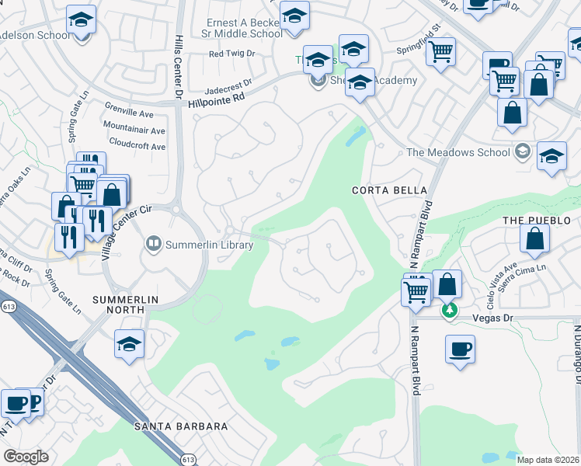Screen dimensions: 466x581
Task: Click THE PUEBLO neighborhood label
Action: coord(531,221)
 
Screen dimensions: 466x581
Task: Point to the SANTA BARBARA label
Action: coord(181,426)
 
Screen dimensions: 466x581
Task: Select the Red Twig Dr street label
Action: coord(231,54)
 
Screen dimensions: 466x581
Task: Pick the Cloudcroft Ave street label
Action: coord(137,146)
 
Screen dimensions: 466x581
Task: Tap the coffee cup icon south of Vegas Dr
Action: coord(460,348)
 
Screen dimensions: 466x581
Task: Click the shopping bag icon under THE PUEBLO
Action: coord(535,239)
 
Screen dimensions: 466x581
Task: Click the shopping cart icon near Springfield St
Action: coord(441,52)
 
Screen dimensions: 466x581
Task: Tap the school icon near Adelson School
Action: coord(81,21)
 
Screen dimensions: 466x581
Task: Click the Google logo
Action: coord(26,457)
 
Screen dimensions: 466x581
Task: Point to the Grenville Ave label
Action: coord(136,113)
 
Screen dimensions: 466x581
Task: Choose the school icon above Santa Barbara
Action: coord(129,344)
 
